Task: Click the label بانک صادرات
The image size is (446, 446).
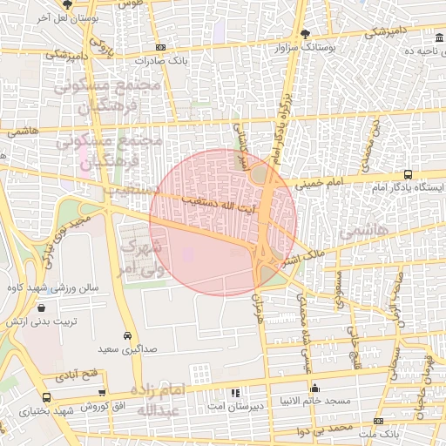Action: [x=161, y=61]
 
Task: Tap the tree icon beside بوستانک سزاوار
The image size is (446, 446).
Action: [x=304, y=35]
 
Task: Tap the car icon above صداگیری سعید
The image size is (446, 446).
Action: [x=127, y=335]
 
